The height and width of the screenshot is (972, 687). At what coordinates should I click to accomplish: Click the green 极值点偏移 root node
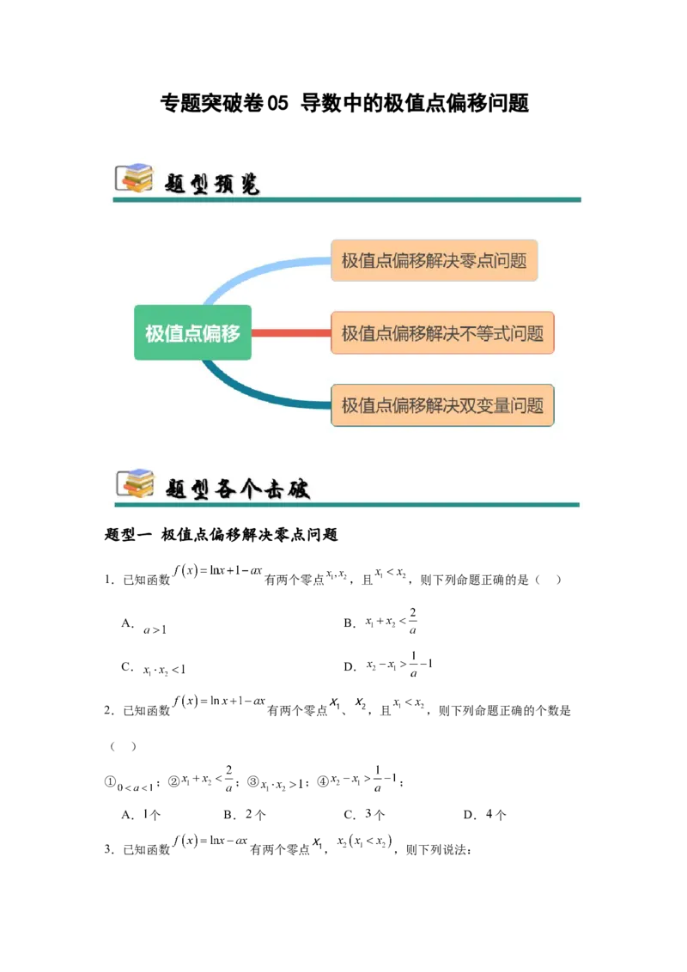[x=192, y=332]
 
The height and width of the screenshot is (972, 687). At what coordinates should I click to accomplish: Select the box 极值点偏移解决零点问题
[x=434, y=260]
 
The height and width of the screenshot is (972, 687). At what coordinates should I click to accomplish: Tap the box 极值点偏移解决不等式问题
[x=442, y=332]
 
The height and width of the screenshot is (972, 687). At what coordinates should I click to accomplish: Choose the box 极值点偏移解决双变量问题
[x=442, y=404]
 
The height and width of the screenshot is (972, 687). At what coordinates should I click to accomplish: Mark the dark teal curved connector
[x=249, y=392]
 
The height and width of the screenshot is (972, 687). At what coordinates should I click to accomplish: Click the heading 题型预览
[x=212, y=183]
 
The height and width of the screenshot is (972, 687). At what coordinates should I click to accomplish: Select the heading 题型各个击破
[x=237, y=489]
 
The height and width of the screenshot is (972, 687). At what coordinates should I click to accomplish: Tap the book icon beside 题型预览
[x=134, y=178]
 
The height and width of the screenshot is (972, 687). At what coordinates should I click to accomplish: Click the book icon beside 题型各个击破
[x=134, y=483]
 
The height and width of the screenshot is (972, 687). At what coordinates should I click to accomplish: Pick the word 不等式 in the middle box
[x=487, y=332]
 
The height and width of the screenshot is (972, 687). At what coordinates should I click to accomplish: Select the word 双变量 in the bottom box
[x=487, y=404]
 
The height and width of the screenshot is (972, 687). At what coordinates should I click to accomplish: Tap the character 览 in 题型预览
[x=248, y=183]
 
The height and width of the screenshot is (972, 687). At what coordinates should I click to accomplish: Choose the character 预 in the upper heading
[x=224, y=183]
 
